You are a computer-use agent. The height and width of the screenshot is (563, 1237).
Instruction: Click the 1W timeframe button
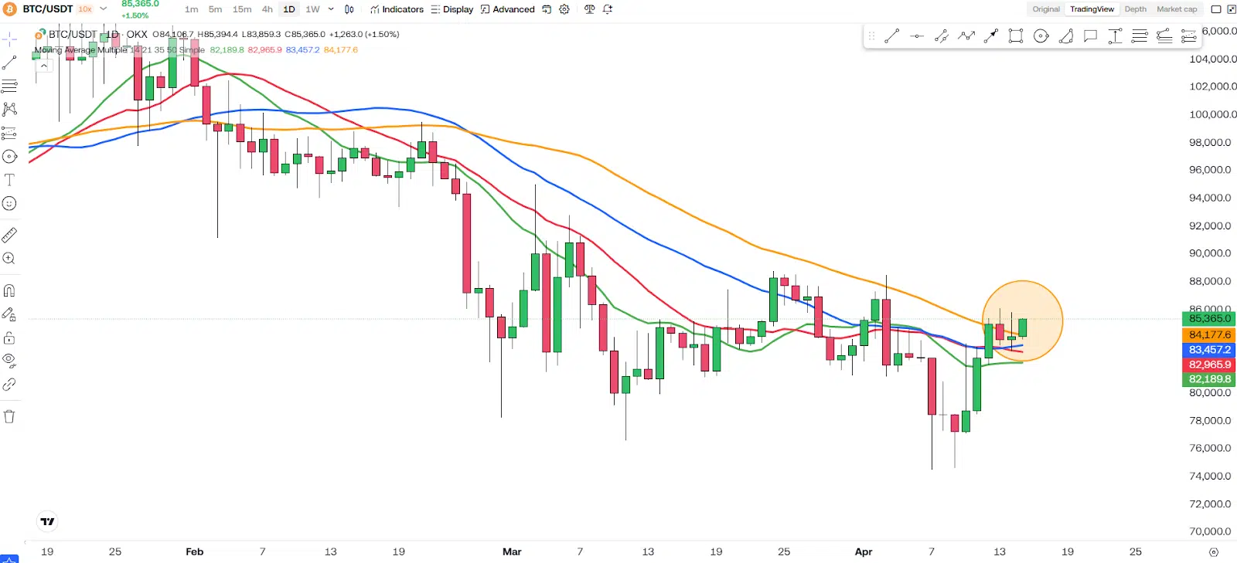(x=312, y=9)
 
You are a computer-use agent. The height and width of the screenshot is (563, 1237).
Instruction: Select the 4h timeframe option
(x=267, y=9)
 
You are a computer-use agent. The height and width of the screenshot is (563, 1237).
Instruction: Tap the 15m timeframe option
(x=242, y=9)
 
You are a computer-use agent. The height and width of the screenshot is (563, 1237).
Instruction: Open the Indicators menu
(x=397, y=9)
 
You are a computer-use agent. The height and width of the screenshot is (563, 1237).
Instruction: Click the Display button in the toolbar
(x=452, y=9)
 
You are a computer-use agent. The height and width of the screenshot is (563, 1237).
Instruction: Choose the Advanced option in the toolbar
(x=508, y=9)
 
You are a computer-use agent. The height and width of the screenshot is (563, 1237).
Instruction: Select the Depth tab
(x=1135, y=9)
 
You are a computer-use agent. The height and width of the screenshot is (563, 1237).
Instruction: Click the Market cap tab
(x=1177, y=9)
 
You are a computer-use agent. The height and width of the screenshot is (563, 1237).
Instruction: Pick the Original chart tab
(x=1046, y=9)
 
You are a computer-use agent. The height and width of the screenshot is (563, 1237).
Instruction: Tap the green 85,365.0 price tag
(x=1209, y=318)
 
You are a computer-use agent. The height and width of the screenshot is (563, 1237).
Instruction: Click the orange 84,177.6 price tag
(x=1209, y=334)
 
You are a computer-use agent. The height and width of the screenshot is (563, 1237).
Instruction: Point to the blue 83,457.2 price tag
(x=1209, y=350)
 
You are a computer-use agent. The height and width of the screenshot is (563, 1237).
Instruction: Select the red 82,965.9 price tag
(x=1209, y=365)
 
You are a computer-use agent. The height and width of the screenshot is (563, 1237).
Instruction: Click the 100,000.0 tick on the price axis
(x=1212, y=114)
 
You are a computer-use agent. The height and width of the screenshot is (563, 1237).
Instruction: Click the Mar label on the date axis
(x=512, y=551)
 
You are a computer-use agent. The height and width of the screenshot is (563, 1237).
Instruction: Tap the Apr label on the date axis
(x=864, y=551)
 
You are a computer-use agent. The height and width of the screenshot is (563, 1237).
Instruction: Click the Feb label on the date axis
(x=195, y=551)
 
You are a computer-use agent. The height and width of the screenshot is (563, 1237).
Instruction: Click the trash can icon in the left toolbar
(x=9, y=417)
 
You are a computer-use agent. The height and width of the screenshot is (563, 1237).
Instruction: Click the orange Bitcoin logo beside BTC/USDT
(x=10, y=9)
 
